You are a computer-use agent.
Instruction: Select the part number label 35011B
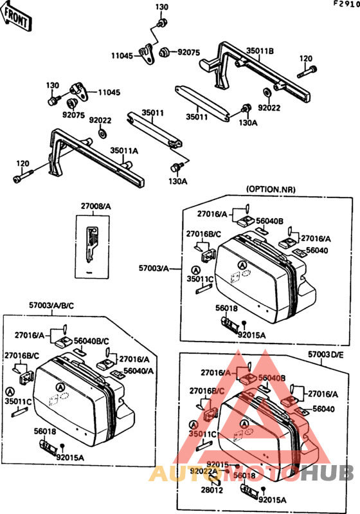click(261, 51)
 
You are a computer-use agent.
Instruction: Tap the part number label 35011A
click(124, 151)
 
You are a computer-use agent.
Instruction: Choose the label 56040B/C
click(92, 341)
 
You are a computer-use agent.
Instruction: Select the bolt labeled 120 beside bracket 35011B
click(311, 70)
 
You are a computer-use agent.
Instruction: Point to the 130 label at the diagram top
click(162, 7)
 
